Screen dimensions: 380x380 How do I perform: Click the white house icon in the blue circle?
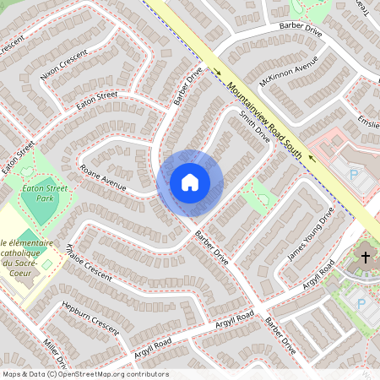(190, 182)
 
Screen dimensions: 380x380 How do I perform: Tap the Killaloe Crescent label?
(89, 262)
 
